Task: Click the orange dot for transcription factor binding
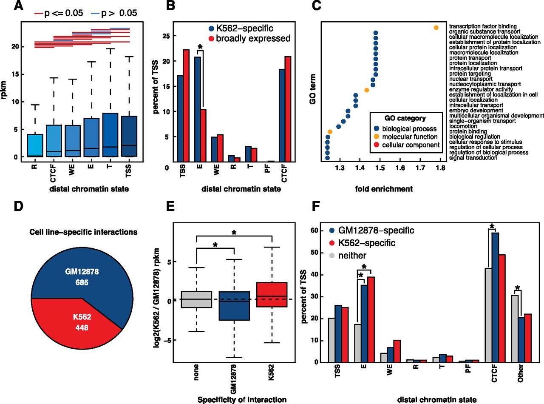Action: (436, 28)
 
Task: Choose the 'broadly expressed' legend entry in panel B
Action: (258, 39)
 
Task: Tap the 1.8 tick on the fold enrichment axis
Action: (440, 168)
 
